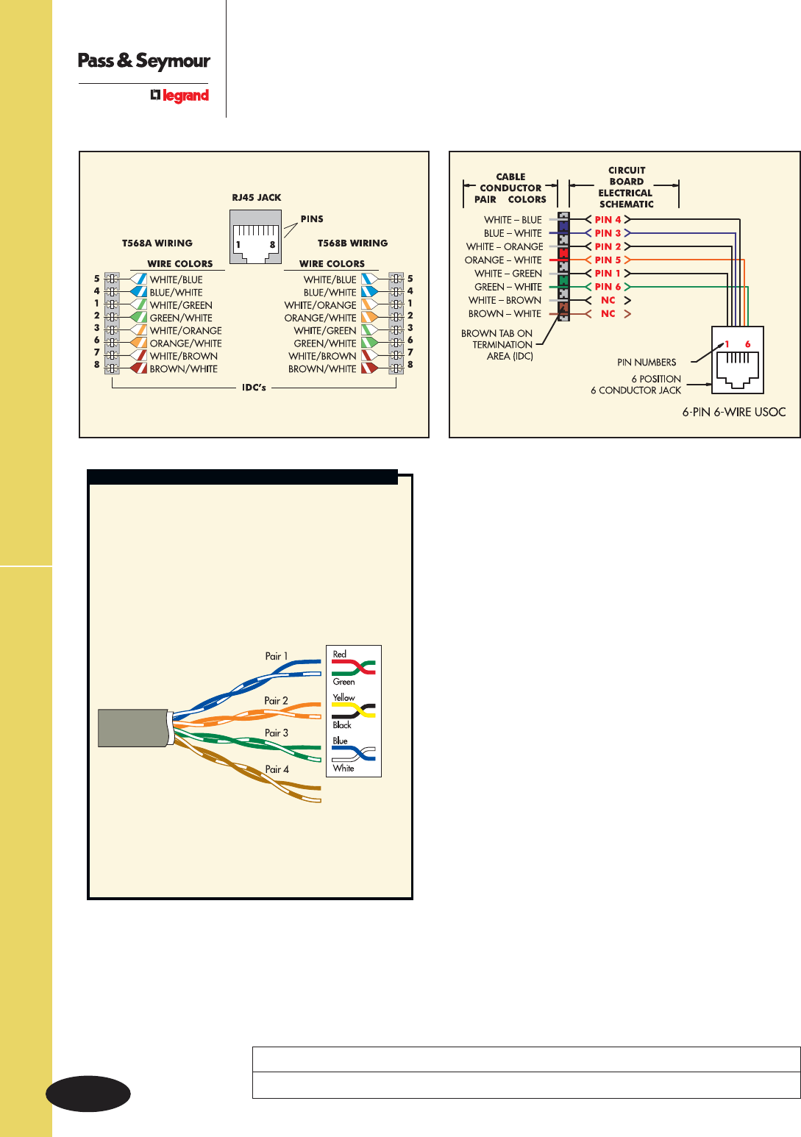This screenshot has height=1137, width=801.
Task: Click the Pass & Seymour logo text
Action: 144,61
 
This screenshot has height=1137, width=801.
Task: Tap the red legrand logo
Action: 180,96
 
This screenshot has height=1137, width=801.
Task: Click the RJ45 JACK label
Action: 256,198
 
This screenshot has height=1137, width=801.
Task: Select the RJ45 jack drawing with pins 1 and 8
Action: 255,237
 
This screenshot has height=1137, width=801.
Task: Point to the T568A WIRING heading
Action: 157,243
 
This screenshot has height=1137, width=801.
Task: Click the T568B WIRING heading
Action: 352,243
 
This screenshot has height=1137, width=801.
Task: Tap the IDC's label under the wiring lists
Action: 254,388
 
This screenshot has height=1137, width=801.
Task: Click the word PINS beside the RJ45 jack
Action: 312,219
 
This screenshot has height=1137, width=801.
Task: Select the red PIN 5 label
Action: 608,260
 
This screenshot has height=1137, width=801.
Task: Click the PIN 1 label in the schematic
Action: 608,274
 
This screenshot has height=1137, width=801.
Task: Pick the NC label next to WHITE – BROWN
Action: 608,301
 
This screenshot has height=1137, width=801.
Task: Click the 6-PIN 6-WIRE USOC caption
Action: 733,413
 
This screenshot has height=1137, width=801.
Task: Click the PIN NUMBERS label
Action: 647,363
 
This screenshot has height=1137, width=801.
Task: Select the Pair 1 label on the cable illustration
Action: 276,656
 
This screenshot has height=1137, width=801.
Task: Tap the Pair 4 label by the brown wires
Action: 277,769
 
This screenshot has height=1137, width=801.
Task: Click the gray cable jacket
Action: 133,728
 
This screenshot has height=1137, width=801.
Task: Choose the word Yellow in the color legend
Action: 343,697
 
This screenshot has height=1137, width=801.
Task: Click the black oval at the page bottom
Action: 88,1094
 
